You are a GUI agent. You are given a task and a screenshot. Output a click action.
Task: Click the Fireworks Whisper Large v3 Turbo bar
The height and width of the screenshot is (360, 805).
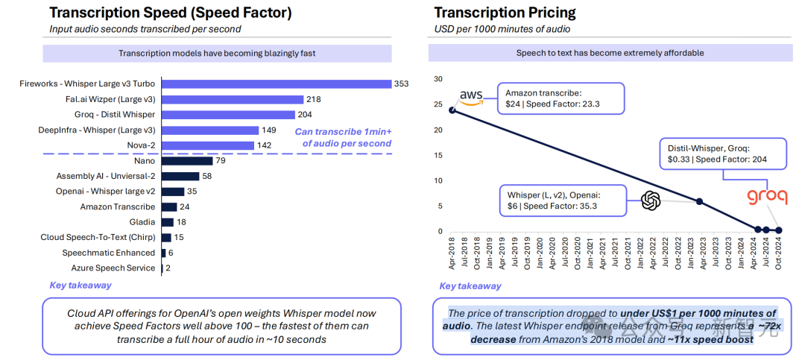pyautogui.click(x=277, y=83)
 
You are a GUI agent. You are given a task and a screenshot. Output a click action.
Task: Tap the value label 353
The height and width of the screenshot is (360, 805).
pyautogui.click(x=401, y=83)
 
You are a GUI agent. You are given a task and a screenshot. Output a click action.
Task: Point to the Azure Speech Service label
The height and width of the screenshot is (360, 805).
pyautogui.click(x=113, y=268)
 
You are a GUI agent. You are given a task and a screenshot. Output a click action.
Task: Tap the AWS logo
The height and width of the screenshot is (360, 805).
pyautogui.click(x=471, y=96)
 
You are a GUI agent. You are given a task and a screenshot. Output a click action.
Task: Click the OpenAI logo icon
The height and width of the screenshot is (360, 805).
pyautogui.click(x=651, y=200)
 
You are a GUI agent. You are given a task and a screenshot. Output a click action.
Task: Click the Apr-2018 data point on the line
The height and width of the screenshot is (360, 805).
pyautogui.click(x=452, y=110)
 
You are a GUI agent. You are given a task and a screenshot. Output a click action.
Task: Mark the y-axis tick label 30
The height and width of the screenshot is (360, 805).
pyautogui.click(x=438, y=79)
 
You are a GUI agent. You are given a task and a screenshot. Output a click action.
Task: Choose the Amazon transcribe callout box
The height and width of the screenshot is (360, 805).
pyautogui.click(x=561, y=98)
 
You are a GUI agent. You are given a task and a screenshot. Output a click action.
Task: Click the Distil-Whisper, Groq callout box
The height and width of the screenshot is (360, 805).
pyautogui.click(x=722, y=153)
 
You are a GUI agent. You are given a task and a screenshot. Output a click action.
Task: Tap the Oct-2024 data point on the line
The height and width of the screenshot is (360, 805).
pyautogui.click(x=779, y=230)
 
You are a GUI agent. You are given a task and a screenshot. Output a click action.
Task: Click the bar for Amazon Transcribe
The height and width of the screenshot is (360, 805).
pyautogui.click(x=169, y=206)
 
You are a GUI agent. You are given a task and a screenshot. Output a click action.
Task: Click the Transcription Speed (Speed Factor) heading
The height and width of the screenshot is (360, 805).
pyautogui.click(x=171, y=13)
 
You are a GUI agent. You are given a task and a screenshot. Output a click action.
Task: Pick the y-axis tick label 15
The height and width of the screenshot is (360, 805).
pyautogui.click(x=438, y=155)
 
